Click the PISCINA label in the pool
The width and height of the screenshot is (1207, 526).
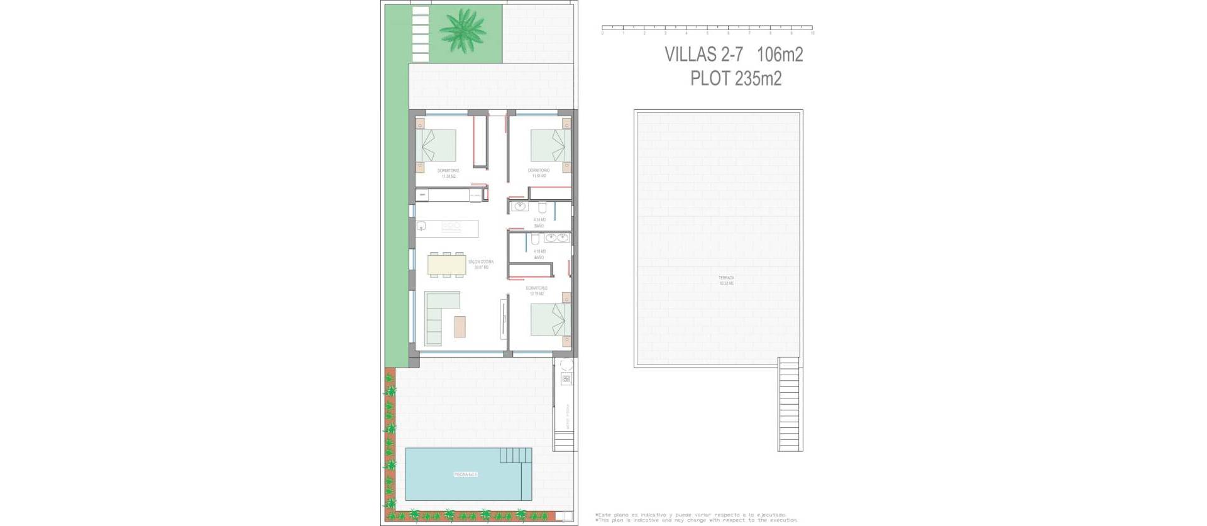(x=466, y=474)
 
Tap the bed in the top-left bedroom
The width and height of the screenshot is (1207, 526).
(x=438, y=146)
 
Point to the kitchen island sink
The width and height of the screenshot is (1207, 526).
(x=421, y=226)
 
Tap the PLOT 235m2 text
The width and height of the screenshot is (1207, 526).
(x=736, y=79)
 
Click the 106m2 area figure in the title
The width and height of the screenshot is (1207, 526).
(x=780, y=55)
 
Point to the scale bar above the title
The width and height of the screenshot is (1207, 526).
(x=707, y=28)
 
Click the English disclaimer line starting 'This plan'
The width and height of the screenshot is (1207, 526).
(x=697, y=520)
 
